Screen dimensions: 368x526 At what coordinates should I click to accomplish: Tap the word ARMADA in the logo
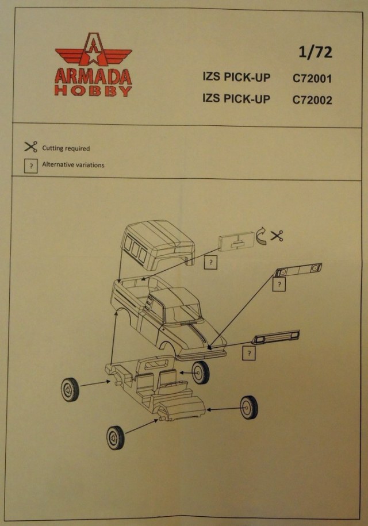click(94, 77)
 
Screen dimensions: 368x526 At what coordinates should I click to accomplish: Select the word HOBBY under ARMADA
click(94, 91)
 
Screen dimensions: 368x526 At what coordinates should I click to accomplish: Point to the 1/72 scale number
click(316, 53)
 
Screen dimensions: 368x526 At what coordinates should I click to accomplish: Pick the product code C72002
click(312, 99)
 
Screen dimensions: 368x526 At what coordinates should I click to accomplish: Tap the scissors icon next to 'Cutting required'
click(30, 147)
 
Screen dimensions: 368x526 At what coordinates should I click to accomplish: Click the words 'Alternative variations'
click(73, 165)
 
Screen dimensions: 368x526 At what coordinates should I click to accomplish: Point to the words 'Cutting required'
click(66, 148)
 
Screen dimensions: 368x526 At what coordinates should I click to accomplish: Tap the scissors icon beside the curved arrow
click(277, 236)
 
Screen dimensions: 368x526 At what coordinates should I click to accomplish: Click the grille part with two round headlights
click(298, 271)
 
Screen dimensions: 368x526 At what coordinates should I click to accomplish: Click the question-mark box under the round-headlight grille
click(279, 285)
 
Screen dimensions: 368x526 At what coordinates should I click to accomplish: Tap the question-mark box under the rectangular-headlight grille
click(248, 354)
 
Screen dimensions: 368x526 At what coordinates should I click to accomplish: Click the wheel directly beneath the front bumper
click(200, 373)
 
